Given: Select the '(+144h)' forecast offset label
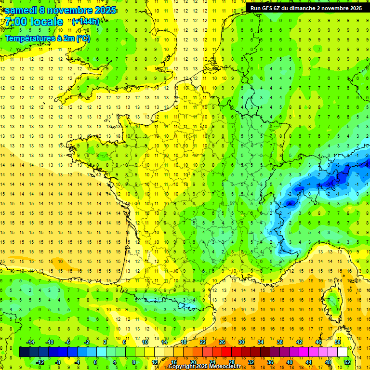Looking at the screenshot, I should [x=85, y=22].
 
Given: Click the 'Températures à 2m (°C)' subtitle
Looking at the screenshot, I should [x=47, y=39].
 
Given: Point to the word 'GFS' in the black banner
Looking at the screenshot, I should [x=271, y=8].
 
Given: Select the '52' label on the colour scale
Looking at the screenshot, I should [x=347, y=362].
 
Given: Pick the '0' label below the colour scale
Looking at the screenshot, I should [x=95, y=362].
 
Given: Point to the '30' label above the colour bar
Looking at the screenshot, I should [x=241, y=342].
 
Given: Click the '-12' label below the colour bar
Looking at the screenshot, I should [x=40, y=362].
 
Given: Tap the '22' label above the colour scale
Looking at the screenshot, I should [x=203, y=342].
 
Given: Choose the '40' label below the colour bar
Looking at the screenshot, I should [x=290, y=362].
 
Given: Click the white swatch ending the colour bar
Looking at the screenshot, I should [x=343, y=352].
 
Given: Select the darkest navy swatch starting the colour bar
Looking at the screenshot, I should [x=24, y=352].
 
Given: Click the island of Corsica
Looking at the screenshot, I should [x=332, y=301].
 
